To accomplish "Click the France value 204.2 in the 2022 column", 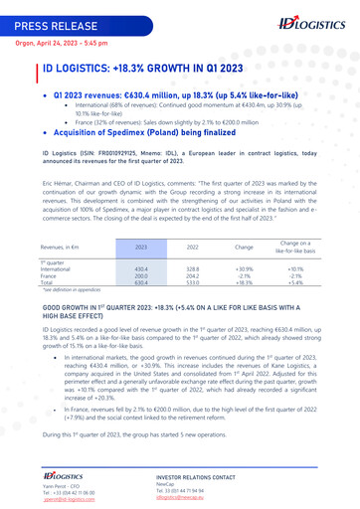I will coord(193,275).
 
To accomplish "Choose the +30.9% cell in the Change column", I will coord(244,268).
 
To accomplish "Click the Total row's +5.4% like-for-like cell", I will coord(295,282).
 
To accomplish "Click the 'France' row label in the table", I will coord(49,275).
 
